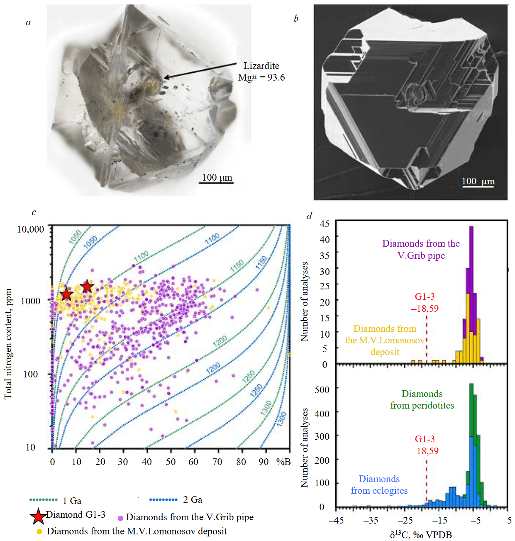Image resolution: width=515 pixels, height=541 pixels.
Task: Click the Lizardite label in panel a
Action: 261,66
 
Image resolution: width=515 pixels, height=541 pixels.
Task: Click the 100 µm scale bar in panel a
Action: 217,182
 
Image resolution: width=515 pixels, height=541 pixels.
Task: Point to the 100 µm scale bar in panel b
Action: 478,186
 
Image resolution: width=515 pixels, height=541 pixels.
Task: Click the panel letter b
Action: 296,19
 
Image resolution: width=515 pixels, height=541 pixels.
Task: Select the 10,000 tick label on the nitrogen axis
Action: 31,229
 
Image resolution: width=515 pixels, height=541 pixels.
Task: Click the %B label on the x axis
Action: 283,462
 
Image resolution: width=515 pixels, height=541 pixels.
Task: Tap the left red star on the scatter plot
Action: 66,294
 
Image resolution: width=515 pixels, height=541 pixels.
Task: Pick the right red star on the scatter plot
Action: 87,286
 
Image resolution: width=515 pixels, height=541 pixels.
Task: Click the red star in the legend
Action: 38,517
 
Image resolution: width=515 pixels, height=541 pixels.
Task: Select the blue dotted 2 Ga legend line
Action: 164,499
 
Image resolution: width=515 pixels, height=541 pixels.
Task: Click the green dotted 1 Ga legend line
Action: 43,499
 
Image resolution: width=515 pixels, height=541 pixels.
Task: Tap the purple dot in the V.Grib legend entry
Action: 120,518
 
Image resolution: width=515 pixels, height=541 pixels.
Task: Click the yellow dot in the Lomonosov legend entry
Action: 39,531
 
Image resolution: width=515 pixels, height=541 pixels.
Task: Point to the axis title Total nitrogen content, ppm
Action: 8,344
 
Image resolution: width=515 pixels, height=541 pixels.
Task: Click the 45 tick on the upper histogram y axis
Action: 325,224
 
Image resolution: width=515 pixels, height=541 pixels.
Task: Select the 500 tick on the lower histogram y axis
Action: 322,390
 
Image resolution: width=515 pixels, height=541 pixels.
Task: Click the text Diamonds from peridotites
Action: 422,399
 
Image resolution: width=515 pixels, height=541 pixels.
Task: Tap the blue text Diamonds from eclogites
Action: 379,485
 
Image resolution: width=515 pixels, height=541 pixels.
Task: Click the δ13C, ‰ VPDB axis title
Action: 421,535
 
